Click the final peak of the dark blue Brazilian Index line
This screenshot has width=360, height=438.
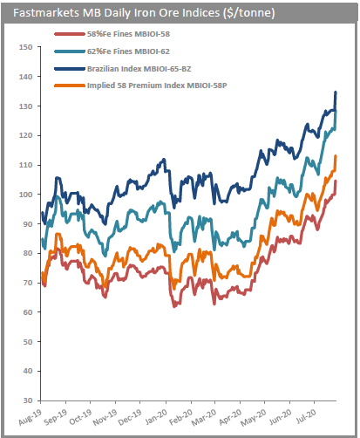tap(336, 92)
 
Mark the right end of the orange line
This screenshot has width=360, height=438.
tap(336, 156)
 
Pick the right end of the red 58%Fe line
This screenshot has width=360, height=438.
tap(336, 181)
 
